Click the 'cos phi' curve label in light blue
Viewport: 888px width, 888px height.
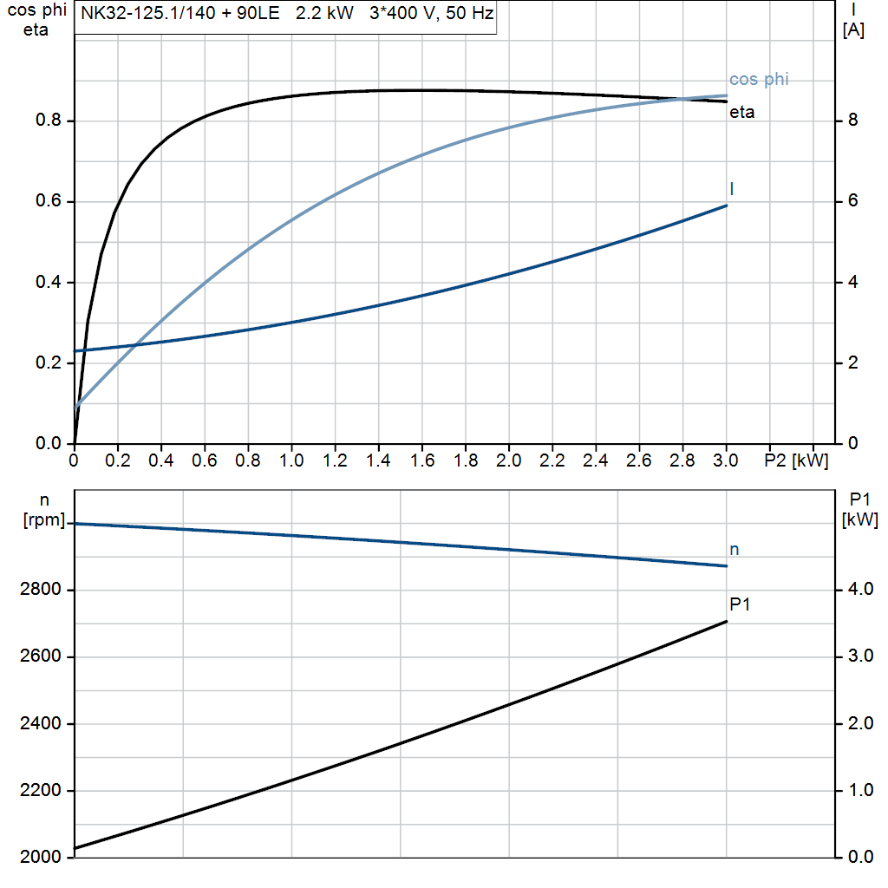pos(759,80)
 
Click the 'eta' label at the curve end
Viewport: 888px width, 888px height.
pos(741,112)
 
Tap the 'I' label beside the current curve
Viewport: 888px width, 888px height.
pos(733,188)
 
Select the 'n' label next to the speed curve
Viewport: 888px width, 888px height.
pos(734,549)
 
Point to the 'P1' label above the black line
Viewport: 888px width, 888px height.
pos(739,604)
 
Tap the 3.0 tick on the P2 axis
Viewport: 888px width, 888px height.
pos(726,460)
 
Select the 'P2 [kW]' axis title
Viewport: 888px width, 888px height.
pos(796,460)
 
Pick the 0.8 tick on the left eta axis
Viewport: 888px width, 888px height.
pos(49,121)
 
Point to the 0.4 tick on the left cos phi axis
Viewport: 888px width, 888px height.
pos(49,283)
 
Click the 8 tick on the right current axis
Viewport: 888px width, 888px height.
pos(852,121)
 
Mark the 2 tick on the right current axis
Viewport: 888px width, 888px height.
pos(852,363)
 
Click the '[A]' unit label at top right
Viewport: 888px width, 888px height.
pos(853,31)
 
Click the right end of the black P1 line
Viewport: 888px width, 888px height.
pos(726,622)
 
